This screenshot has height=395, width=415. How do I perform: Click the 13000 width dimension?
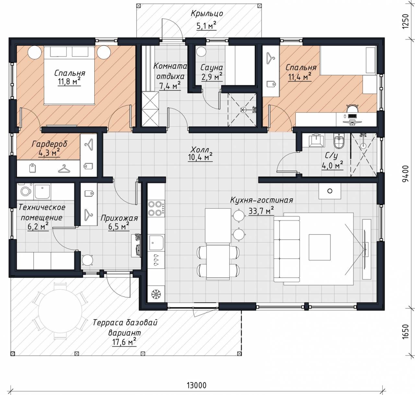click(196, 386)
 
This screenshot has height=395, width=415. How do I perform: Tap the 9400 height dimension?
click(406, 174)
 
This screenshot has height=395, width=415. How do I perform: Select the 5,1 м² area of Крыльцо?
click(207, 26)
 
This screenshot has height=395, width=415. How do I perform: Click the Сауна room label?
click(211, 68)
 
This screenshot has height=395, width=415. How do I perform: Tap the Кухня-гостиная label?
click(261, 200)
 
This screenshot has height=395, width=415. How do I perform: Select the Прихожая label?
click(119, 218)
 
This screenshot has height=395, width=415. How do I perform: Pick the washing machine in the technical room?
click(25, 191)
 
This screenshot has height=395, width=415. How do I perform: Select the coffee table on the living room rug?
click(320, 247)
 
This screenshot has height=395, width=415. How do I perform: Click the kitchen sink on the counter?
click(156, 243)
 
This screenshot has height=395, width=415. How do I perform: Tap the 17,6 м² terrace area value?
click(124, 342)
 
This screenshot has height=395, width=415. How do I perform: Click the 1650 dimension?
click(406, 332)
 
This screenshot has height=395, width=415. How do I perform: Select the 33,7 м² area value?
click(261, 211)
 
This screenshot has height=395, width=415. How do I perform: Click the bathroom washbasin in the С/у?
click(316, 140)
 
